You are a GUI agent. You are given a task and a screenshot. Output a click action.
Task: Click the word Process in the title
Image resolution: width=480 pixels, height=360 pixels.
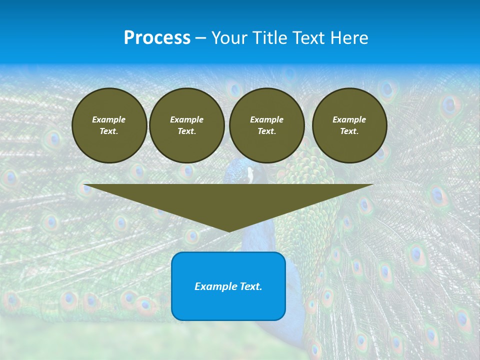(x=157, y=38)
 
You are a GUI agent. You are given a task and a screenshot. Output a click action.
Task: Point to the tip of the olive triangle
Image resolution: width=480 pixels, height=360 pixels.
(x=229, y=230)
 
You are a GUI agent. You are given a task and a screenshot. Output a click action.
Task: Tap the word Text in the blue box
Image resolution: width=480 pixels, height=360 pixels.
(x=250, y=286)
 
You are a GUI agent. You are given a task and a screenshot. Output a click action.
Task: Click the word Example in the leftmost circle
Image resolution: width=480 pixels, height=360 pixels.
(x=109, y=119)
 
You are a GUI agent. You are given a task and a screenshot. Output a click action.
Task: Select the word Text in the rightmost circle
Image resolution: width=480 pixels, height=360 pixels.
(x=348, y=131)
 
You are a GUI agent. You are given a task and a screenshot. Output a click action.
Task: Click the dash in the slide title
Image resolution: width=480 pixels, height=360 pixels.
(x=200, y=38)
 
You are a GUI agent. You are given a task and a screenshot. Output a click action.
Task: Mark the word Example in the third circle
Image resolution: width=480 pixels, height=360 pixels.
(x=266, y=119)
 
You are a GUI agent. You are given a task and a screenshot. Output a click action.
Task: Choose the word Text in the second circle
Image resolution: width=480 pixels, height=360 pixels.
(x=186, y=131)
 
